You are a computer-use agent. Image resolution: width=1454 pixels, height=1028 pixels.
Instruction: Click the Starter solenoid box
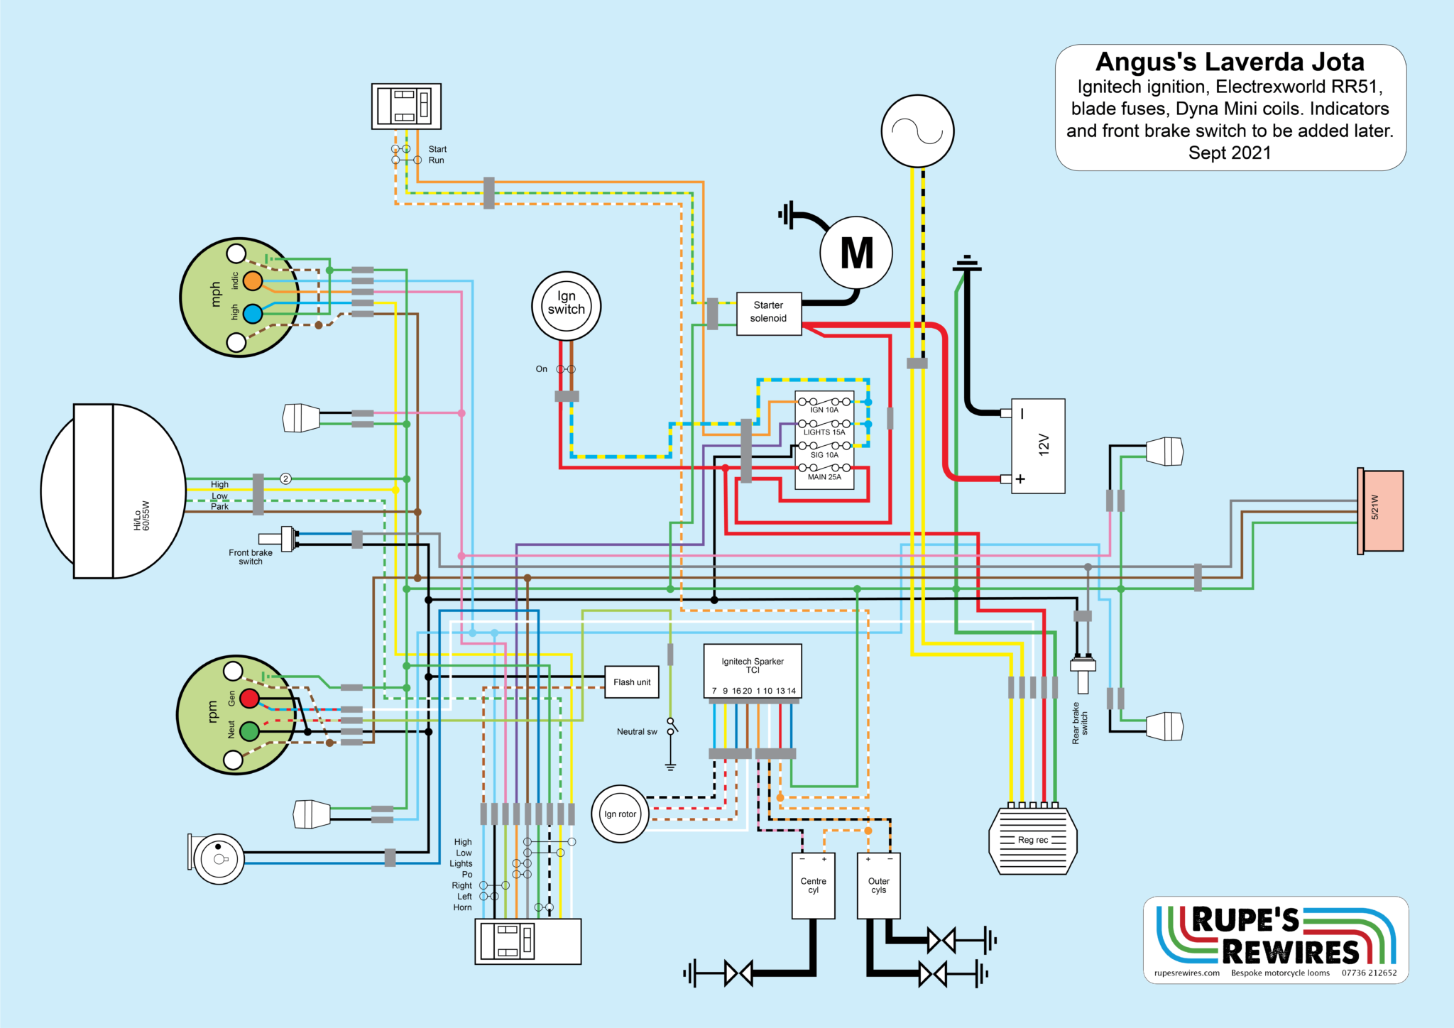click(768, 313)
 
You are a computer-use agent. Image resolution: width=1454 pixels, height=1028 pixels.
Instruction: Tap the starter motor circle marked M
click(856, 253)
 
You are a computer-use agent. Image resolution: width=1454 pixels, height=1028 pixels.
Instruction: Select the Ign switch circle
click(566, 306)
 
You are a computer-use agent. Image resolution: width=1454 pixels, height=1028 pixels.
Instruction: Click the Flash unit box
click(632, 682)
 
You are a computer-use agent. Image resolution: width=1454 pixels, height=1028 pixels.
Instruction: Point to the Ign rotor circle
click(620, 814)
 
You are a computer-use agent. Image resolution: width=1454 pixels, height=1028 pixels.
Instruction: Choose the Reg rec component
click(1033, 841)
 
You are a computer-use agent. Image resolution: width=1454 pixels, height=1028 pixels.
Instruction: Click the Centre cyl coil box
click(813, 885)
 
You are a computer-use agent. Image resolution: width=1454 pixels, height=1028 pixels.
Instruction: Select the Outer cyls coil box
click(879, 885)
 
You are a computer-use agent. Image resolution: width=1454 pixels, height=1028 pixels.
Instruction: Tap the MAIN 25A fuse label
click(824, 477)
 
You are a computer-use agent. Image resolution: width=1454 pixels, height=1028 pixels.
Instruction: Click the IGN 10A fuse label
click(824, 410)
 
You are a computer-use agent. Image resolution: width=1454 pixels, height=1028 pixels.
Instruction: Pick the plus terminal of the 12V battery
click(1020, 479)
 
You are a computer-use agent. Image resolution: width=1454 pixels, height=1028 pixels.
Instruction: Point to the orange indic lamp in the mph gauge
click(253, 281)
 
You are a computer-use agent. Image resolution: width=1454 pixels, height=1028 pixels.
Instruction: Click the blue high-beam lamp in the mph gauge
click(253, 313)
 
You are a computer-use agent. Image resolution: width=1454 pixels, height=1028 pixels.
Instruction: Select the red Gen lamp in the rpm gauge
click(249, 699)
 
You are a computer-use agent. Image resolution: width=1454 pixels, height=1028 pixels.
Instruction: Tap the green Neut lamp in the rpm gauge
click(249, 731)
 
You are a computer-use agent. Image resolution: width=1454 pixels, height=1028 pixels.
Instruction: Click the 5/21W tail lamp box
click(1382, 510)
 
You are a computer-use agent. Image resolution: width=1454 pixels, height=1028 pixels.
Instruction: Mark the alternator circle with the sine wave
click(917, 131)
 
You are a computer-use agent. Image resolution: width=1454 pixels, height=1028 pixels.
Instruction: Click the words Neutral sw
click(637, 732)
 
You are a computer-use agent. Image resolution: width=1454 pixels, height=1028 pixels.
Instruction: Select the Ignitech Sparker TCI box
click(753, 671)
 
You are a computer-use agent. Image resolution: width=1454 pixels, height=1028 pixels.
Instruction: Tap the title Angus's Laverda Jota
click(1230, 62)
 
